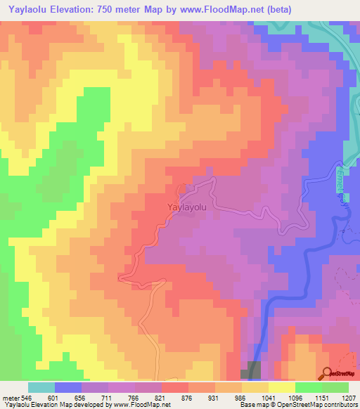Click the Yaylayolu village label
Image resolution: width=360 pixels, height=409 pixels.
[x=188, y=207]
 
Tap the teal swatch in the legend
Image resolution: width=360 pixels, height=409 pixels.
[x=41, y=387]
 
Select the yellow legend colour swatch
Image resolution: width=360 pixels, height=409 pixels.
[x=282, y=387]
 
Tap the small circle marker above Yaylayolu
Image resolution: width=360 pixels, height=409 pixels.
[x=181, y=188]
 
